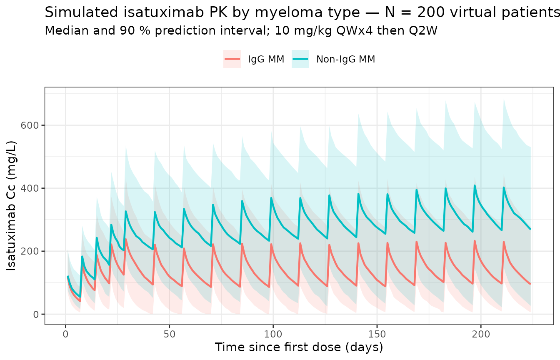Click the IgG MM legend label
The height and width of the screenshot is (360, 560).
[x=266, y=59]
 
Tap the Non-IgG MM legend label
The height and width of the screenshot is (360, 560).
[x=345, y=59]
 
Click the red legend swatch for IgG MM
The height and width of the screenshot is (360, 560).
[x=232, y=59]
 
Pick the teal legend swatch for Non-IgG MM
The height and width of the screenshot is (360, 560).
[x=300, y=59]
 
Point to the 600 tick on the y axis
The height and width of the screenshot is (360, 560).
[x=31, y=125]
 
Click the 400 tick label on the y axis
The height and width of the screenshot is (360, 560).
[x=31, y=188]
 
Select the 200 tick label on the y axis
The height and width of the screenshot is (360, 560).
[x=31, y=251]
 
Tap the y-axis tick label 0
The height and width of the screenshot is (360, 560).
[x=36, y=314]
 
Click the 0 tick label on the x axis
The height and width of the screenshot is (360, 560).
[x=65, y=335]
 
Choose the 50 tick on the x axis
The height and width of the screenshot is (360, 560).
[x=169, y=335]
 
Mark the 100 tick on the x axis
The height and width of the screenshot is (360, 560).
[x=273, y=335]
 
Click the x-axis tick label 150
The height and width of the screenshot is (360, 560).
[x=377, y=335]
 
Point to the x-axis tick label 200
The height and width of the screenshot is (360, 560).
[x=480, y=335]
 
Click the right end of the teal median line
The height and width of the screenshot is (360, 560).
[x=530, y=229]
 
